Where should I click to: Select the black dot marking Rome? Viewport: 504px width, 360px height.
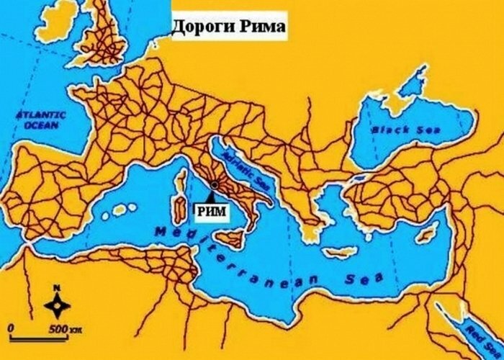pyautogui.click(x=212, y=184)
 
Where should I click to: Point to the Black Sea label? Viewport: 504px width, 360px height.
pyautogui.click(x=395, y=130)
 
